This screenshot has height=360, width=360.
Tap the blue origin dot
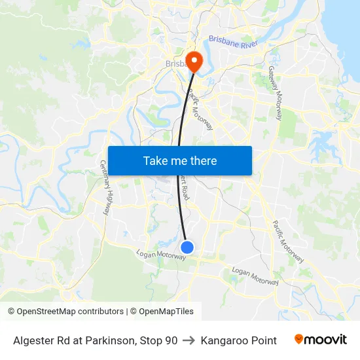coord(187,247)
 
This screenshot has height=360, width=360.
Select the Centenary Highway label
coord(105,188)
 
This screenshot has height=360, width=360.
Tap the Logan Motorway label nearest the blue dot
coord(160,255)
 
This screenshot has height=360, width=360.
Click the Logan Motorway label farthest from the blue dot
coord(255,276)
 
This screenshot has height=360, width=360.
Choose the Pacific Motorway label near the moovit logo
coord(288,241)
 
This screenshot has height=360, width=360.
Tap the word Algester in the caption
coord(32,340)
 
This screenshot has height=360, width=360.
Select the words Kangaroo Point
coord(239,340)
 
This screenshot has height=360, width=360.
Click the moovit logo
coord(321,340)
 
